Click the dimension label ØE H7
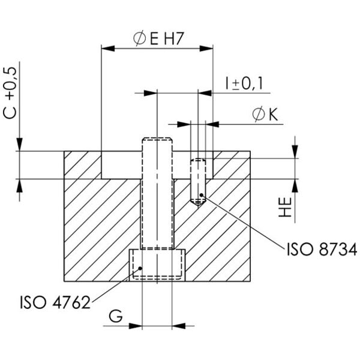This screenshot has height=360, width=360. pos(157,38)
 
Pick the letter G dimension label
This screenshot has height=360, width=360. pos(117,315)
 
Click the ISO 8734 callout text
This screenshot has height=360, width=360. pos(321,249)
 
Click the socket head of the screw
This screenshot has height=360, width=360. pos(156,265)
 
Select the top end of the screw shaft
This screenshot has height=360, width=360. pos(157,142)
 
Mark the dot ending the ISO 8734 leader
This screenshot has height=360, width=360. pos(202,195)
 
